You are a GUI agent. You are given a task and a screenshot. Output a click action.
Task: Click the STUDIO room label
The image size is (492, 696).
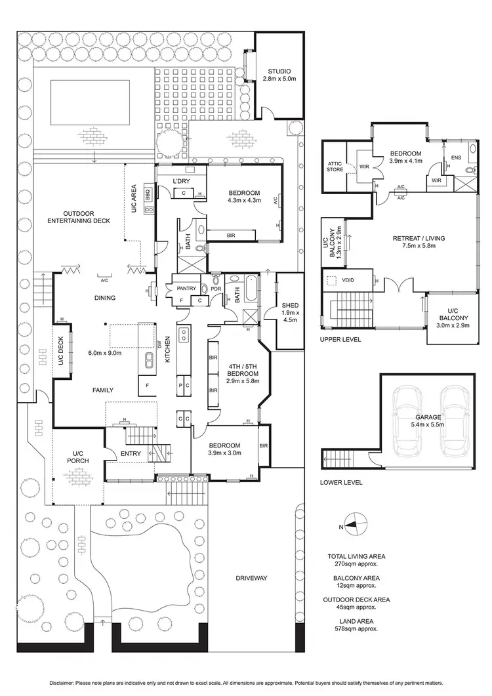pos(279,71)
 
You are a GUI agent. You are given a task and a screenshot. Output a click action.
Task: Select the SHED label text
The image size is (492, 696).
pos(289,305)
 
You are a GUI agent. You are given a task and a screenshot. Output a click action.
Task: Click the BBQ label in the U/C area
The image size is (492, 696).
pos(148,195)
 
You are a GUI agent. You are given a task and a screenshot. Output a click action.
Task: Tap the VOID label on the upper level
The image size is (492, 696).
pos(348,280)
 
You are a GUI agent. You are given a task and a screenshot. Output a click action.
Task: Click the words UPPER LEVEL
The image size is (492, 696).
pos(340,340)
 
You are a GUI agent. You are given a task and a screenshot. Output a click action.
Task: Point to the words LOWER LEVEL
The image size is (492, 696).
pos(341,482)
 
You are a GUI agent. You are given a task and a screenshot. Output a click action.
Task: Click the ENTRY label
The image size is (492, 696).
pos(131,453)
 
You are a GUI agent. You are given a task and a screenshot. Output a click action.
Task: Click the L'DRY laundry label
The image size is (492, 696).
pos(180,180)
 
